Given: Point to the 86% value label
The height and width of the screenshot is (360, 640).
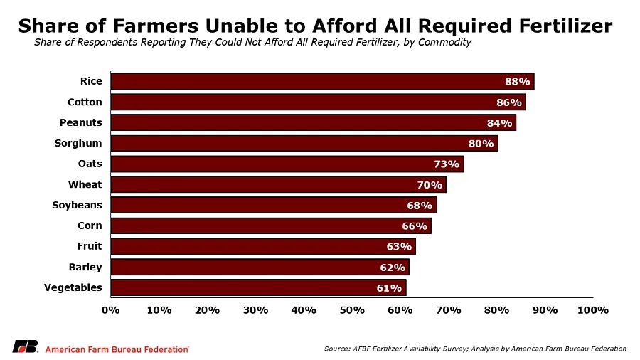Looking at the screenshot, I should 509,102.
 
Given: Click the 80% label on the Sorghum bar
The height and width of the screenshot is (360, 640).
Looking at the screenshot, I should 481,144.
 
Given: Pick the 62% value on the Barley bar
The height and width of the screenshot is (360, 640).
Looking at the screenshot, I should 392,268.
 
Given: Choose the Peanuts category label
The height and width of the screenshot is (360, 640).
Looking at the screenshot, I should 81,122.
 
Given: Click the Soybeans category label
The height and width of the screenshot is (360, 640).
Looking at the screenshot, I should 77,205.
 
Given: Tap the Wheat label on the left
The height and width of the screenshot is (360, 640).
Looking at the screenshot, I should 85,184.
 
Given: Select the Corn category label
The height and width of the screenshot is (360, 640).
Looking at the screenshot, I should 90,226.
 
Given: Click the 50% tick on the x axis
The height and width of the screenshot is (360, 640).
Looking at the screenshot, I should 352,310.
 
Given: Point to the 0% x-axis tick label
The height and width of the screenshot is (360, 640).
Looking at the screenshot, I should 111,310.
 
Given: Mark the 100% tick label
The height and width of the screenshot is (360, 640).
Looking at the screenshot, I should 593,310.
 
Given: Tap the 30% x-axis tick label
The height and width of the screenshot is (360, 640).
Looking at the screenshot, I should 255,310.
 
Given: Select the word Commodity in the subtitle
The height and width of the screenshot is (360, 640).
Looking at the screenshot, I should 446,42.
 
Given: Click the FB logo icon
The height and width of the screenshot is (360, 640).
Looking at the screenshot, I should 25,347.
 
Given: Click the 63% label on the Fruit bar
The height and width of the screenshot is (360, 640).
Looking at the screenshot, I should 399,247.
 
